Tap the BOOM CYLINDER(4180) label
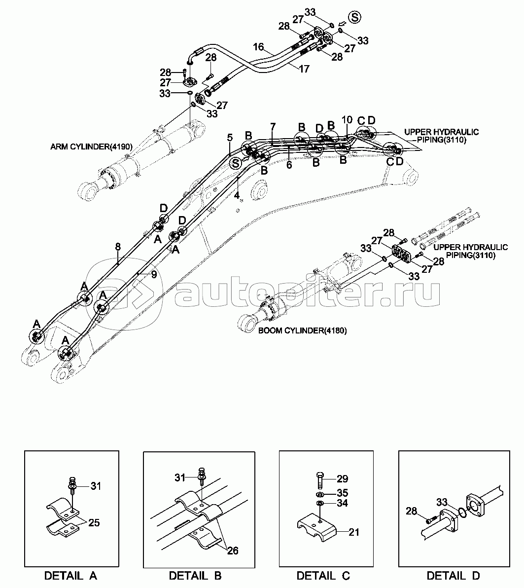coord(303,331)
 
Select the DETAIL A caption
coord(71,576)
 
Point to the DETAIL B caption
coord(195,576)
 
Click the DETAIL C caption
coord(323,576)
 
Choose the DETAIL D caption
coord(453,576)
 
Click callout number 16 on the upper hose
coord(258,47)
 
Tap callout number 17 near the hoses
coord(304,69)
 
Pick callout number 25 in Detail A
coord(94,522)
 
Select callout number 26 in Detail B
coord(233,551)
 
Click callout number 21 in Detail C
coord(354,532)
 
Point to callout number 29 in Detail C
coord(343,478)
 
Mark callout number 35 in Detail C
coord(343,493)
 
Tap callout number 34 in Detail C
coord(343,503)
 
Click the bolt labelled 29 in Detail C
coord(320,479)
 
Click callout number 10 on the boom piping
coord(347,120)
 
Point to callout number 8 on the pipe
coord(118,247)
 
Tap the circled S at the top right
coord(354,18)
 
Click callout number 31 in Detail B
coord(180,478)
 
